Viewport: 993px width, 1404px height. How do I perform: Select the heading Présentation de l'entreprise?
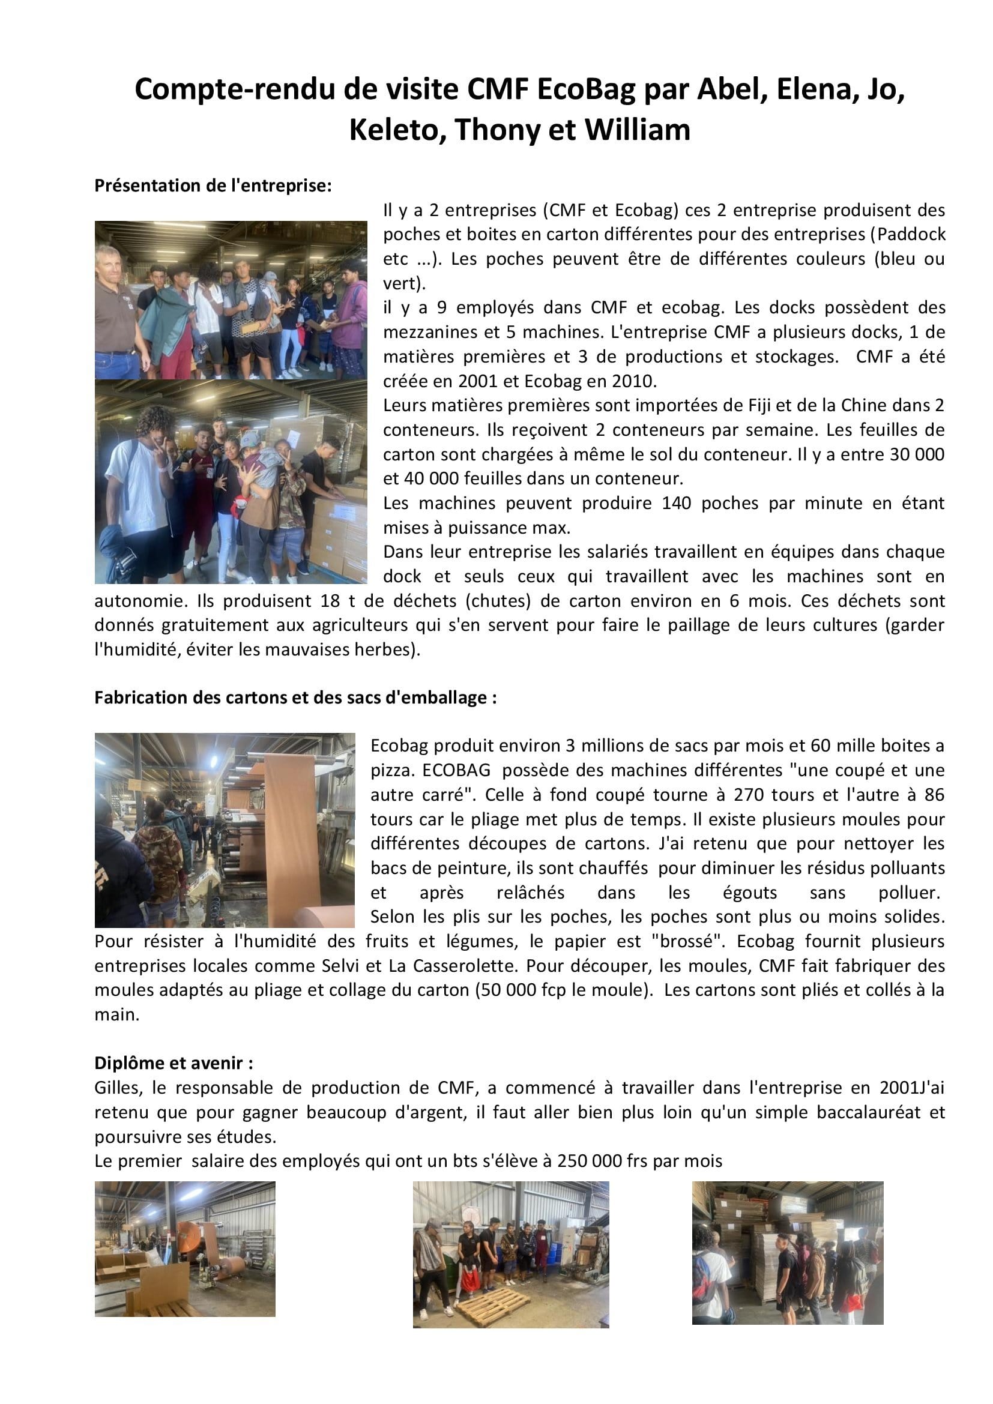213,186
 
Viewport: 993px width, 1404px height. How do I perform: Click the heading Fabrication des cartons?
295,697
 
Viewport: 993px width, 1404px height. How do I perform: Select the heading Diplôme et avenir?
174,1064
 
